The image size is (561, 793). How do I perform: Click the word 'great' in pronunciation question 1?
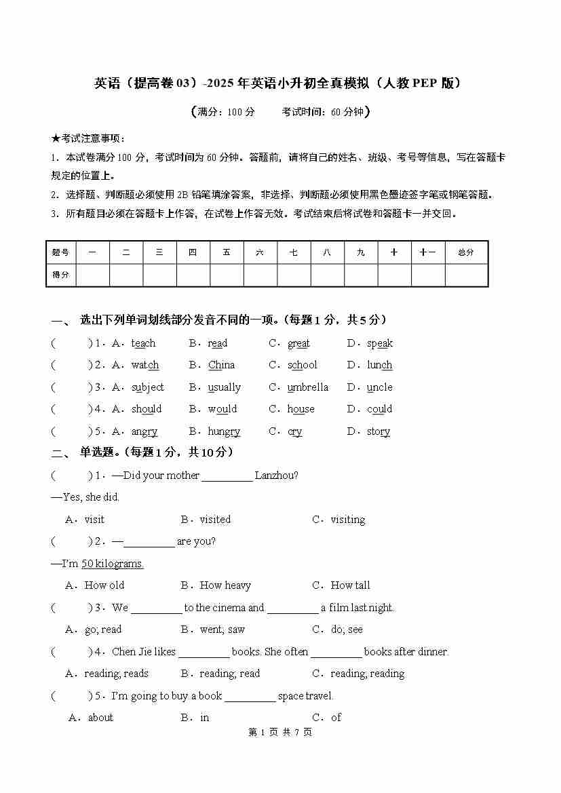(298, 343)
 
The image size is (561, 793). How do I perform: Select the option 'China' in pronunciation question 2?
(221, 365)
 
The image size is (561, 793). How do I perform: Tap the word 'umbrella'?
(307, 387)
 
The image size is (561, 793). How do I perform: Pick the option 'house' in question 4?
(301, 409)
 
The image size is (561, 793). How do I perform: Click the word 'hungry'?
(224, 431)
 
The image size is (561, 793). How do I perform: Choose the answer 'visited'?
(215, 520)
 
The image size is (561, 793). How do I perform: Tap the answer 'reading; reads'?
(116, 674)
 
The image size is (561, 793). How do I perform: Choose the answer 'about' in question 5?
(100, 718)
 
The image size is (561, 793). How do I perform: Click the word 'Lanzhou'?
(276, 476)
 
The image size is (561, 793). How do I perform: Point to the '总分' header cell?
(466, 252)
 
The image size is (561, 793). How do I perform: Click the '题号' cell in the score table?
(61, 252)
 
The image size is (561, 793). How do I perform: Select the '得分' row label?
(61, 275)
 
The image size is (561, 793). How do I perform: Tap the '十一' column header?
(427, 252)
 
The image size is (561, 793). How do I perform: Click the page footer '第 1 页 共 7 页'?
(280, 733)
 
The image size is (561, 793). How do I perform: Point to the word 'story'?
(379, 431)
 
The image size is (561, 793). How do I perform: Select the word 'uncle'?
(379, 387)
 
